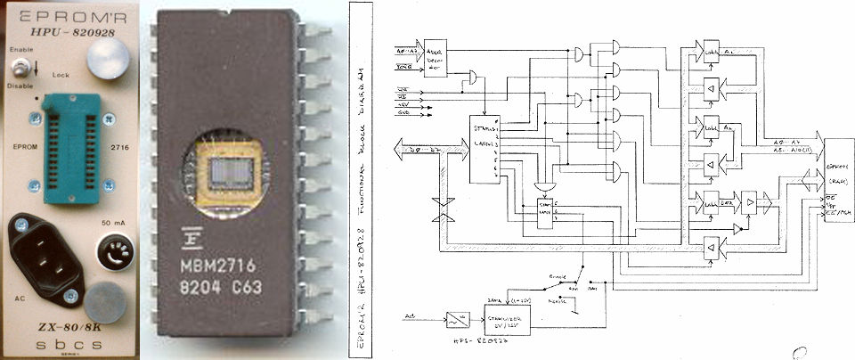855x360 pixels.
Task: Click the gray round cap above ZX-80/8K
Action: coord(111,296)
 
